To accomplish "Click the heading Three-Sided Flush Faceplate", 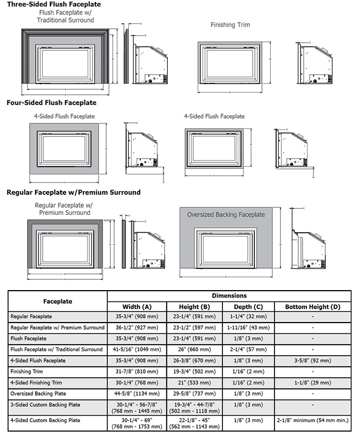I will coord(47,4).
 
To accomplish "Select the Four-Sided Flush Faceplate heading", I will coord(51,102).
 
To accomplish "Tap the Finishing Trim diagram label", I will coord(230,24).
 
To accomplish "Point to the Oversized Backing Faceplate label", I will coord(226,214).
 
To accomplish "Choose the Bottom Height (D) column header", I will coord(313,307).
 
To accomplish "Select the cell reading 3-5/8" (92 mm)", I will coord(313,360).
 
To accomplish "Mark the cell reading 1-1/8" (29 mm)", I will coord(313,383).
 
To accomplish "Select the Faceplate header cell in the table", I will coord(57,301).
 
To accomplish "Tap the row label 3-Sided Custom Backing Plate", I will coord(45,405).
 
